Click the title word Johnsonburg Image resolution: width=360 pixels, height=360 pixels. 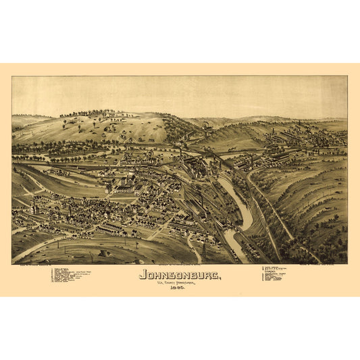tap(179, 275)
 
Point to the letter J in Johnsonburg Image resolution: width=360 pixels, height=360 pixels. tap(143, 275)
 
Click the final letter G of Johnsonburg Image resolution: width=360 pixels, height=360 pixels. tap(215, 275)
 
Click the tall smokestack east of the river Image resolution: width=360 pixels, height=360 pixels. tap(251, 162)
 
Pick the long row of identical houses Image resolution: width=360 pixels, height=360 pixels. tap(108, 229)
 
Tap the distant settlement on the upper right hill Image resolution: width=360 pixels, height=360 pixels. tap(297, 138)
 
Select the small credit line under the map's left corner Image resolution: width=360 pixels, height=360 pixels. tap(34, 265)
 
